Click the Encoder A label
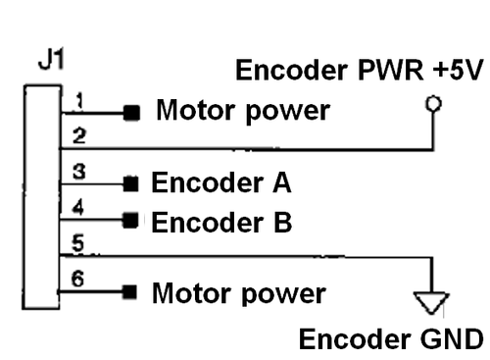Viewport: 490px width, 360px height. pyautogui.click(x=220, y=183)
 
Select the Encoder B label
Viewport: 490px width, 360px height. pyautogui.click(x=220, y=222)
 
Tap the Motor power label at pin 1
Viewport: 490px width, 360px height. pyautogui.click(x=242, y=112)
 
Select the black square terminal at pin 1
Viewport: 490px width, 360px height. pyautogui.click(x=129, y=113)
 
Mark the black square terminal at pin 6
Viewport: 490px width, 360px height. pyautogui.click(x=129, y=291)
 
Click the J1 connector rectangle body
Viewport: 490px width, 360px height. pyautogui.click(x=42, y=196)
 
